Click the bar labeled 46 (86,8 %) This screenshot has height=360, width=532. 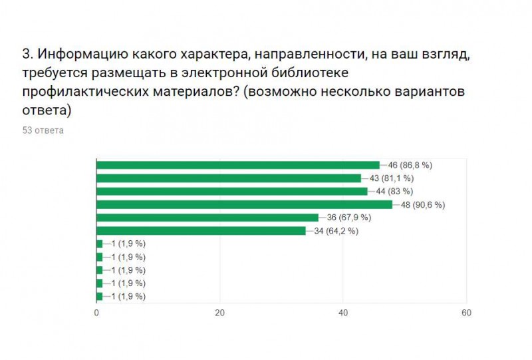[x=238, y=165]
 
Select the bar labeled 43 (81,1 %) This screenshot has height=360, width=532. [x=229, y=178]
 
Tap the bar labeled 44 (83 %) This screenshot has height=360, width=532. [x=232, y=191]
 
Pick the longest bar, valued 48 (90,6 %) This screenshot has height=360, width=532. [x=245, y=204]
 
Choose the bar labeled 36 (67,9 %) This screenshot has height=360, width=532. [x=207, y=218]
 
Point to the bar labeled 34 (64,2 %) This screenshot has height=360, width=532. [x=201, y=231]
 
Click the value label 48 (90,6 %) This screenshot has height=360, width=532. [x=423, y=204]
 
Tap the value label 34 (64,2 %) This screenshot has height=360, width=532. [x=336, y=231]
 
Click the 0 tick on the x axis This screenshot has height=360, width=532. [x=97, y=313]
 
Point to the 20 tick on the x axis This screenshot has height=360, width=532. [x=220, y=313]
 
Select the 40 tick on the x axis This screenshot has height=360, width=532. [x=343, y=313]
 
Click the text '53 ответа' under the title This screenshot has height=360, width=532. [x=43, y=130]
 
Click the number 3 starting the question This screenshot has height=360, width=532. [x=26, y=55]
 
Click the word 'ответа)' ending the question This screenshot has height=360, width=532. [x=47, y=109]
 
